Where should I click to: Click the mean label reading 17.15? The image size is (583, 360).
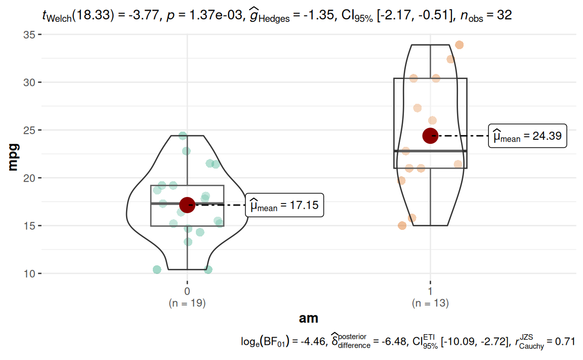[x=284, y=206]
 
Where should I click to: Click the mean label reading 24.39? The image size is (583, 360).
[x=527, y=136]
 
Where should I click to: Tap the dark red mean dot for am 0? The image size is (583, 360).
[x=187, y=205]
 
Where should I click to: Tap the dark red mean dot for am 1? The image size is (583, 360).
[x=430, y=136]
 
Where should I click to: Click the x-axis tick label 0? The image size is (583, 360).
[x=187, y=292]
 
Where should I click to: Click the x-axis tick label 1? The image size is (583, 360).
[x=430, y=292]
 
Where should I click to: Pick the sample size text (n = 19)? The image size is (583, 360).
[x=187, y=304]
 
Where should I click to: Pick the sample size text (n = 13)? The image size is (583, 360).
[x=430, y=304]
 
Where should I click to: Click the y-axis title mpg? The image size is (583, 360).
[x=14, y=154]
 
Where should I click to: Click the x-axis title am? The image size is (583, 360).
[x=308, y=318]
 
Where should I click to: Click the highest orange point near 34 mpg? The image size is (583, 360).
[x=459, y=45]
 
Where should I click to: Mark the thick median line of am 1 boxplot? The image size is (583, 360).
[x=430, y=151]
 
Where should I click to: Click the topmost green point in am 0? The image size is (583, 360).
[x=183, y=136]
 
